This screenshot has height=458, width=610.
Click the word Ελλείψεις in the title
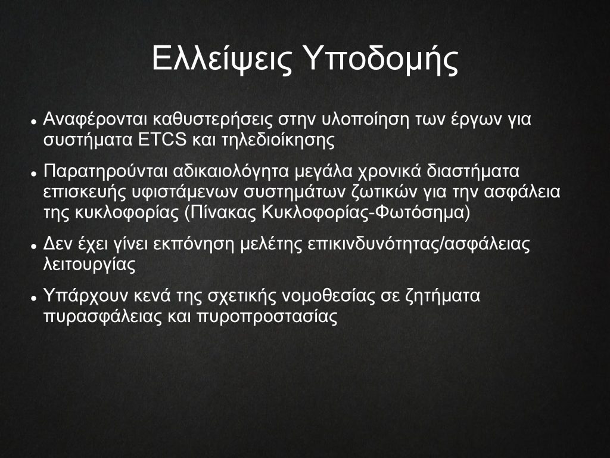coord(222,59)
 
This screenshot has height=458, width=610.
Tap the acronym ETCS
coord(163,140)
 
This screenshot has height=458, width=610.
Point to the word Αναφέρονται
coord(95,119)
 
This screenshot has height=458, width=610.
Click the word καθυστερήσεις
coord(213,119)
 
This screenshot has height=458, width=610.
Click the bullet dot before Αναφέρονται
coord(34,122)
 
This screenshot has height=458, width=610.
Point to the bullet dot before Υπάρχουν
coord(34,298)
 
